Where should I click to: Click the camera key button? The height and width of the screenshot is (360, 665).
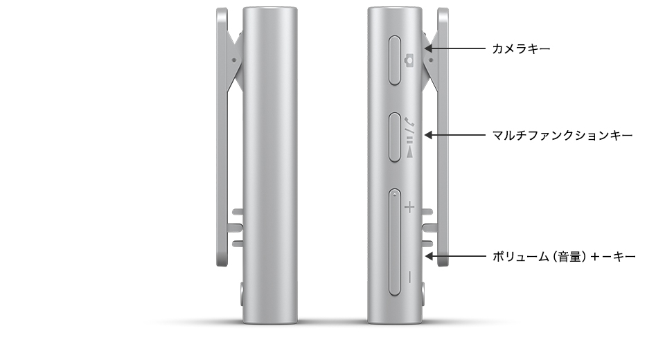[x=395, y=60]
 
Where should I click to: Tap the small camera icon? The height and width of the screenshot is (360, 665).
[x=409, y=60]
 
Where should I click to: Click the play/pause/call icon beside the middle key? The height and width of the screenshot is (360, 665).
[x=409, y=137]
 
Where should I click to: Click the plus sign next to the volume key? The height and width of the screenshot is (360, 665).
[x=409, y=208]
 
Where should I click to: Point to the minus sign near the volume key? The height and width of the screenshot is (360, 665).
[x=409, y=278]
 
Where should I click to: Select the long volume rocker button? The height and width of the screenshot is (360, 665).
[x=395, y=242]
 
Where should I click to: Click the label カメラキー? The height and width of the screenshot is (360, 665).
[x=521, y=48]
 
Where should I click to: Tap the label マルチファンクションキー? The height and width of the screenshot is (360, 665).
[x=562, y=135]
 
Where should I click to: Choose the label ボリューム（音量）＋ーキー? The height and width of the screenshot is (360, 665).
[x=564, y=257]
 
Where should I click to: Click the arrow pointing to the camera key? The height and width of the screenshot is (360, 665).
[x=455, y=48]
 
